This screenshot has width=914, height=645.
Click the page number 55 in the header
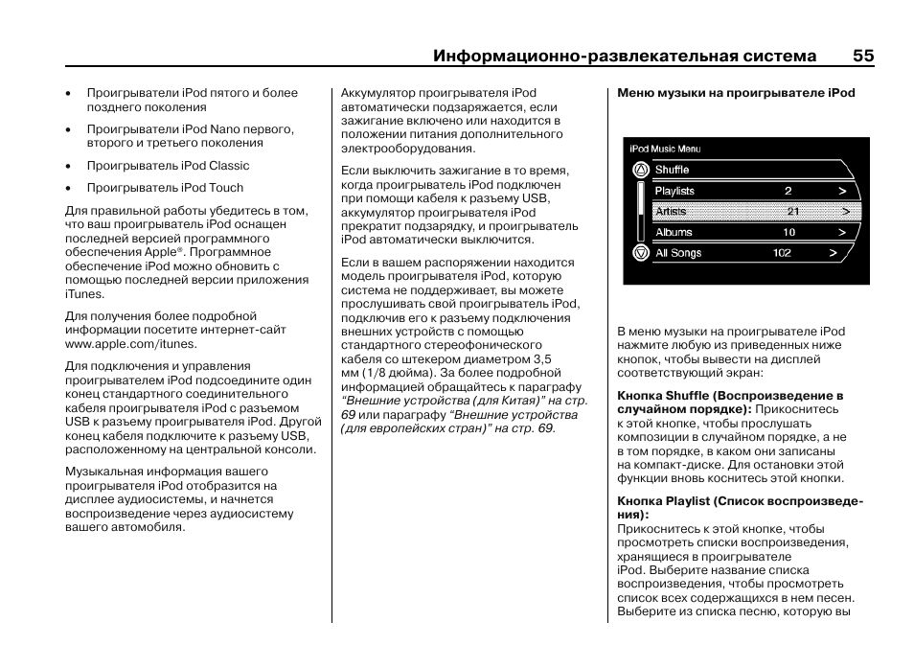[x=862, y=56]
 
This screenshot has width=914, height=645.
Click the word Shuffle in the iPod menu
[x=672, y=170]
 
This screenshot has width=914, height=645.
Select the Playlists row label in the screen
[x=674, y=191]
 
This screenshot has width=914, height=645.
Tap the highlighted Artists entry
[x=671, y=212]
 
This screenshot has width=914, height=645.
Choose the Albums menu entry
[x=674, y=232]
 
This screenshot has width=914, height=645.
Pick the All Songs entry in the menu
[x=678, y=253]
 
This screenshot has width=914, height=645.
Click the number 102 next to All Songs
[x=782, y=253]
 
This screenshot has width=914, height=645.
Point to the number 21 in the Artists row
[x=792, y=212]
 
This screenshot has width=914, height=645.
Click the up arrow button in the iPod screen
[x=640, y=170]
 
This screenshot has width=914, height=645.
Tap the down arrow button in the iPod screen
[x=640, y=253]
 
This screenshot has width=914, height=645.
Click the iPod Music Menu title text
[x=665, y=149]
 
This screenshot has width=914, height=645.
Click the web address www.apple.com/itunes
[x=130, y=343]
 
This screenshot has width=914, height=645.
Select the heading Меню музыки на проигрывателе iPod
[x=735, y=93]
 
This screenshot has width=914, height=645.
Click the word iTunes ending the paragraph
[x=83, y=294]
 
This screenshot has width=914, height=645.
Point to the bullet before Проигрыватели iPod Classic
[x=69, y=166]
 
